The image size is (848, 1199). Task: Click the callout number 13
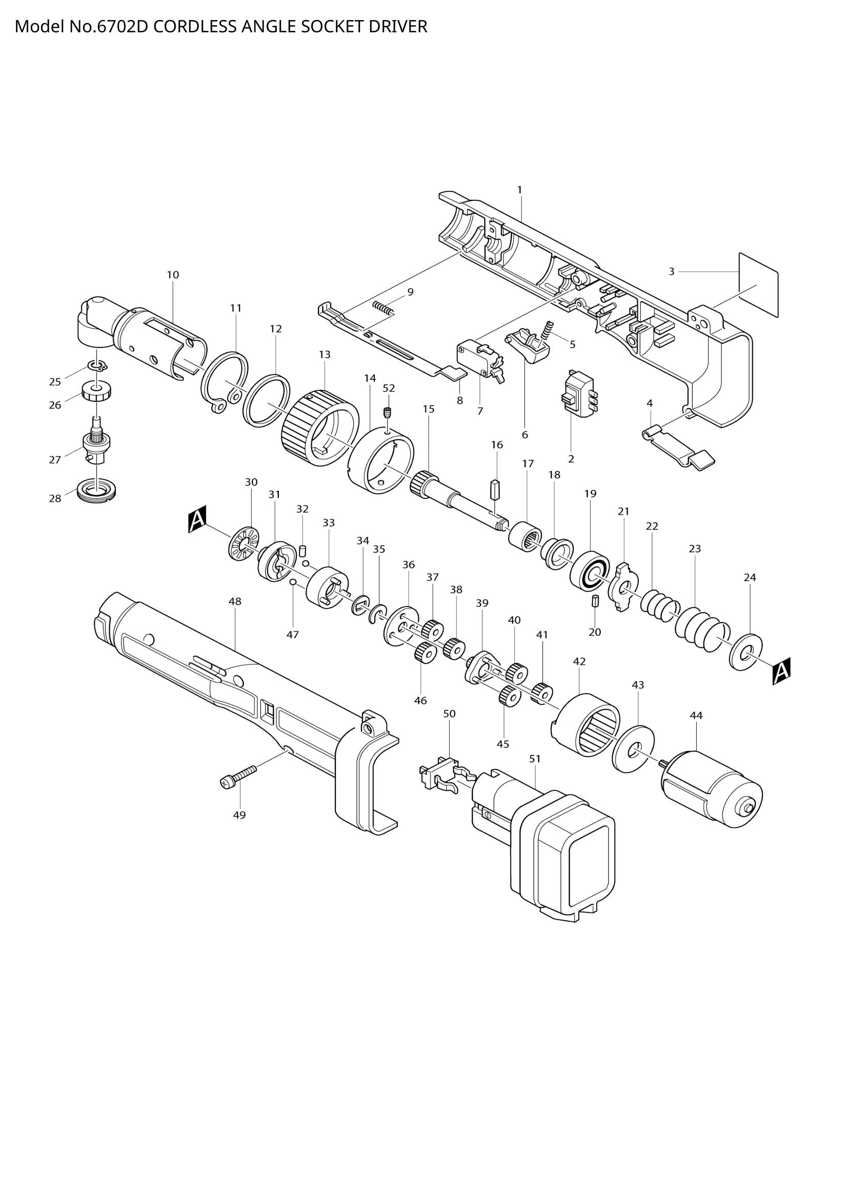pos(324,355)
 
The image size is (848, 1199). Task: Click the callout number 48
pos(235,601)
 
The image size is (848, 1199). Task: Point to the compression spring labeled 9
pos(383,308)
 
